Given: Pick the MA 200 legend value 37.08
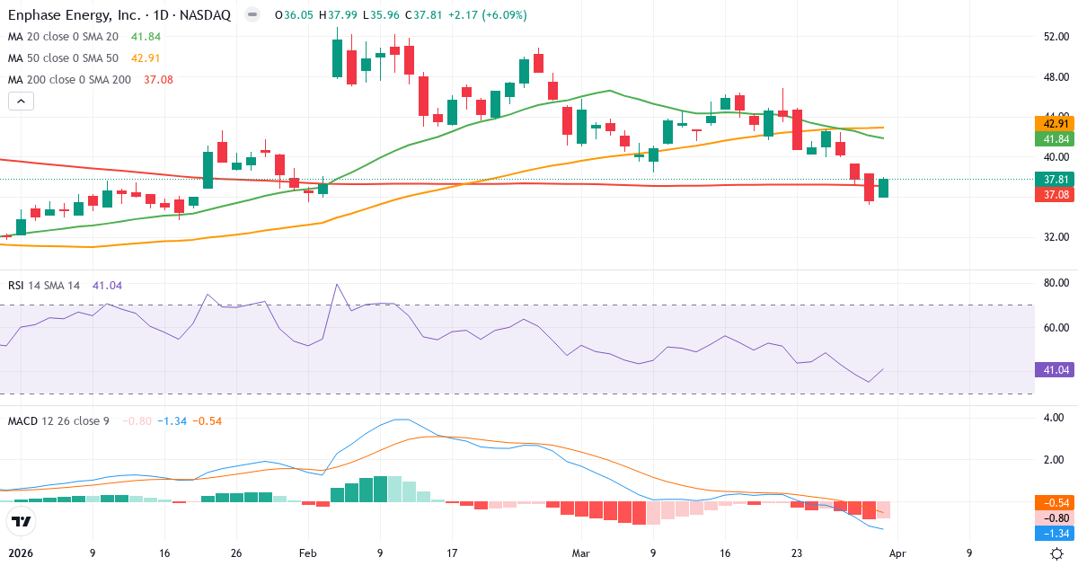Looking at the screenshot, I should tap(157, 80).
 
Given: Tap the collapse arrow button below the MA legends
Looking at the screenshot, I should tap(21, 102).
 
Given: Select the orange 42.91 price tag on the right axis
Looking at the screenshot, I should tap(1056, 123).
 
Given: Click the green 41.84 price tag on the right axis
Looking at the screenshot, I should tap(1056, 139).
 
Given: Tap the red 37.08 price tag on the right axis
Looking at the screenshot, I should tap(1056, 194).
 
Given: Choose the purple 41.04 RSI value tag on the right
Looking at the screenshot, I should tap(1056, 369).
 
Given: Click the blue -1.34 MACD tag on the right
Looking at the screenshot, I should tap(1056, 533).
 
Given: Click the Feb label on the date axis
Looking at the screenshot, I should tap(308, 553).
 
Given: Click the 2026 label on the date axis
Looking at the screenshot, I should tap(21, 553).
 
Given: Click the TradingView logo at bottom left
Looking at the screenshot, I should tap(21, 521).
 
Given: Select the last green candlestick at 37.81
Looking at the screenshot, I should tap(883, 188).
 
